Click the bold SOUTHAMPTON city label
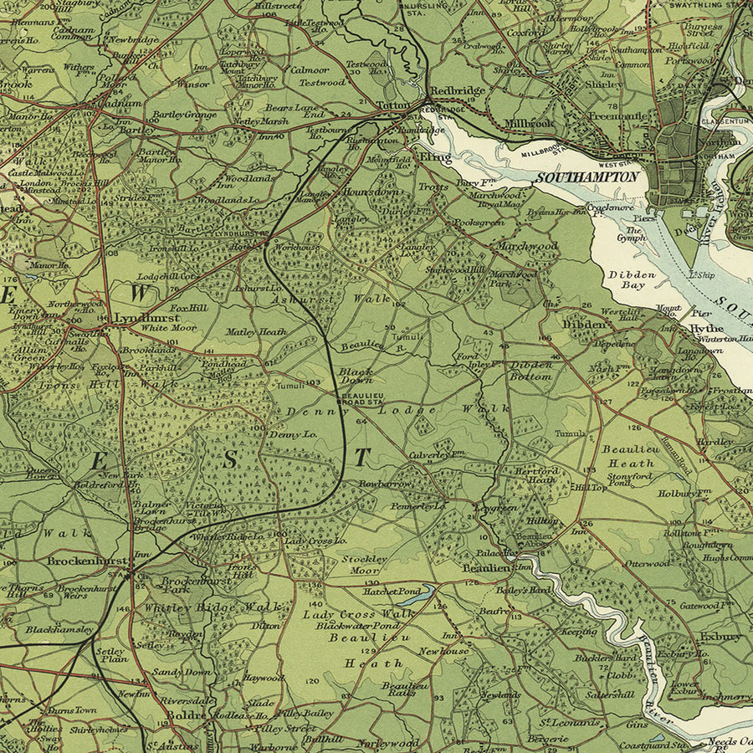[588, 177]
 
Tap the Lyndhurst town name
[136, 318]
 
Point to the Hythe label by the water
[707, 329]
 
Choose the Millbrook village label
[530, 123]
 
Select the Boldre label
[180, 716]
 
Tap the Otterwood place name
[647, 563]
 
